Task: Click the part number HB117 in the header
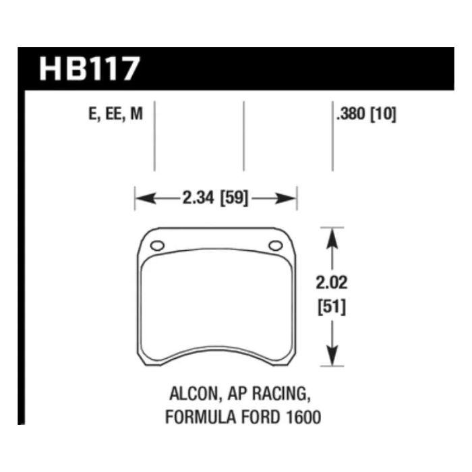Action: (x=90, y=69)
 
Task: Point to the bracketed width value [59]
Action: (x=233, y=198)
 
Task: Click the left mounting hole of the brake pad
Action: (x=156, y=246)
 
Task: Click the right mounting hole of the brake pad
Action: (x=275, y=246)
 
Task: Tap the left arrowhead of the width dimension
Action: (x=141, y=198)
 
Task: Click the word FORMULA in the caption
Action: (x=195, y=417)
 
